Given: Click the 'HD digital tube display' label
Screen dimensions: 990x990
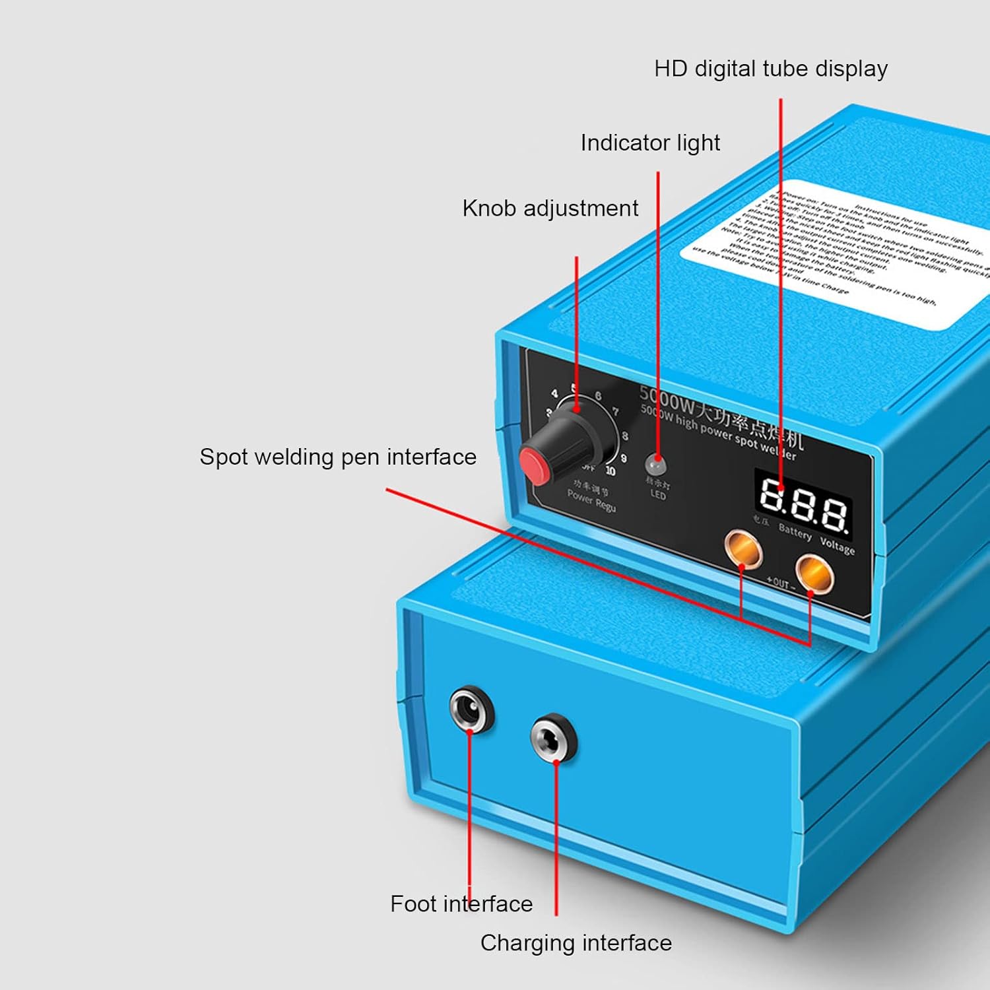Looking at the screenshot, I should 770,69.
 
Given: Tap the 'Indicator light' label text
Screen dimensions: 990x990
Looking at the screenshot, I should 650,143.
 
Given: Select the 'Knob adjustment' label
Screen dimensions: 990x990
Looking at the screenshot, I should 550,209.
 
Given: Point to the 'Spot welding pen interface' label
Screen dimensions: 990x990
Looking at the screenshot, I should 338,457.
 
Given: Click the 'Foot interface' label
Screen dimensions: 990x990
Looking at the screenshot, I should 461,904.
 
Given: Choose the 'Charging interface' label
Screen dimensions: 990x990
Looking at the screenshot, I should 576,943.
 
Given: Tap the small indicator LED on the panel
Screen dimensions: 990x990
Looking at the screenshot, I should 655,463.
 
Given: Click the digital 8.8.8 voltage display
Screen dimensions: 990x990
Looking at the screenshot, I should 803,504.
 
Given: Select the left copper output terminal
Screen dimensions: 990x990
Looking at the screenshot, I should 742,548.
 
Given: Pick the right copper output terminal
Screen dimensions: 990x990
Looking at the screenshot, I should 814,572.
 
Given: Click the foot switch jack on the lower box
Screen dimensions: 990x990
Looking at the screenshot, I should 471,709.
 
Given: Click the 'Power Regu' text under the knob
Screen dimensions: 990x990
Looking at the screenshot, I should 591,501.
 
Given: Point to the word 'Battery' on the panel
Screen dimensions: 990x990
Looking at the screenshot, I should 795,532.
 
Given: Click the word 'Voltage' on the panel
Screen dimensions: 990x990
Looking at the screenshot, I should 837,545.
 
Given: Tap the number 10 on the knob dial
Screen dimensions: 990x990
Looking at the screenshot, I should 610,471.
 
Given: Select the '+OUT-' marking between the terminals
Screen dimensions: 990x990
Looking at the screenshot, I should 781,583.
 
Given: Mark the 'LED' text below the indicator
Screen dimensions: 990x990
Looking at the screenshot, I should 658,494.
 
